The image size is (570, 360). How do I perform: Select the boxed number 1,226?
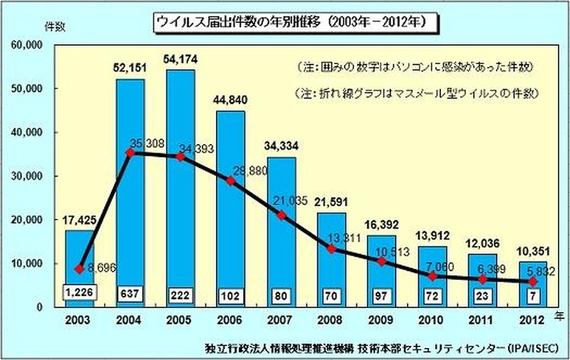(x=80, y=293)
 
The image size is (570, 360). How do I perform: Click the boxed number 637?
(x=130, y=293)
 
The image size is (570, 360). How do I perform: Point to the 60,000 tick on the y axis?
(x=27, y=45)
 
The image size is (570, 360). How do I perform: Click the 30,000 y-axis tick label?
(x=27, y=176)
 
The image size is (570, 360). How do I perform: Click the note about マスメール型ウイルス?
(x=415, y=93)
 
